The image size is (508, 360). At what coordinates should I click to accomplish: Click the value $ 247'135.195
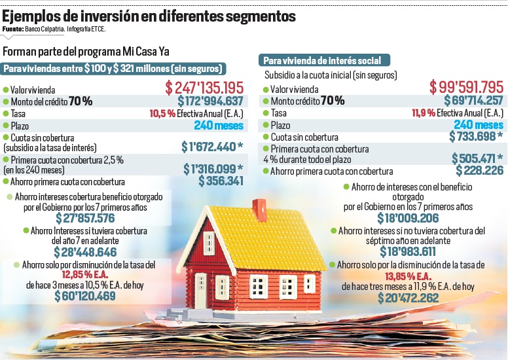pos(204,87)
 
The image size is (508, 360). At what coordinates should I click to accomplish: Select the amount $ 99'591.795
pos(465,87)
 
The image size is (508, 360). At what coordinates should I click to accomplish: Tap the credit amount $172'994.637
pos(210,101)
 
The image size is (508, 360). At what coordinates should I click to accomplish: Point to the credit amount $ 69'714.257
pos(469,100)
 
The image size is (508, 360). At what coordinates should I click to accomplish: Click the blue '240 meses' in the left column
pos(219,126)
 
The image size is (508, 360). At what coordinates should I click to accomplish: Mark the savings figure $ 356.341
pos(221,181)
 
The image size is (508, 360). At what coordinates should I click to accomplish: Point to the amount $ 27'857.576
pos(87,218)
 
